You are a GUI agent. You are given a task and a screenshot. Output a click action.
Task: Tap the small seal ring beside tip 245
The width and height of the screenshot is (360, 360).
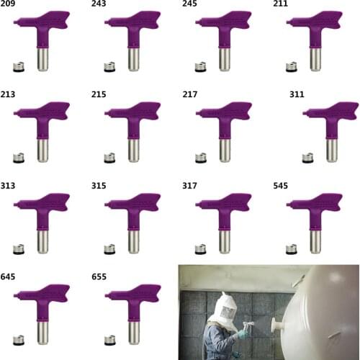click(x=200, y=67)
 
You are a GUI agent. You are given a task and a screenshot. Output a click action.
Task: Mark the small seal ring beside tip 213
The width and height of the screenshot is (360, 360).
click(x=18, y=158)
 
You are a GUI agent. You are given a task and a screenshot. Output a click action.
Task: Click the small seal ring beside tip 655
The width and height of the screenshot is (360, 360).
click(x=109, y=339)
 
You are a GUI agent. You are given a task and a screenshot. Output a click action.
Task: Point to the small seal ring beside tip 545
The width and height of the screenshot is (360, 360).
click(x=291, y=249)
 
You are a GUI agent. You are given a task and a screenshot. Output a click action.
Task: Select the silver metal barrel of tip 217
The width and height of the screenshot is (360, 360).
click(x=224, y=148)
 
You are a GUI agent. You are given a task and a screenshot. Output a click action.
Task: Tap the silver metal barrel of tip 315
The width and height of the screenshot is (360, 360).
click(x=133, y=239)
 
